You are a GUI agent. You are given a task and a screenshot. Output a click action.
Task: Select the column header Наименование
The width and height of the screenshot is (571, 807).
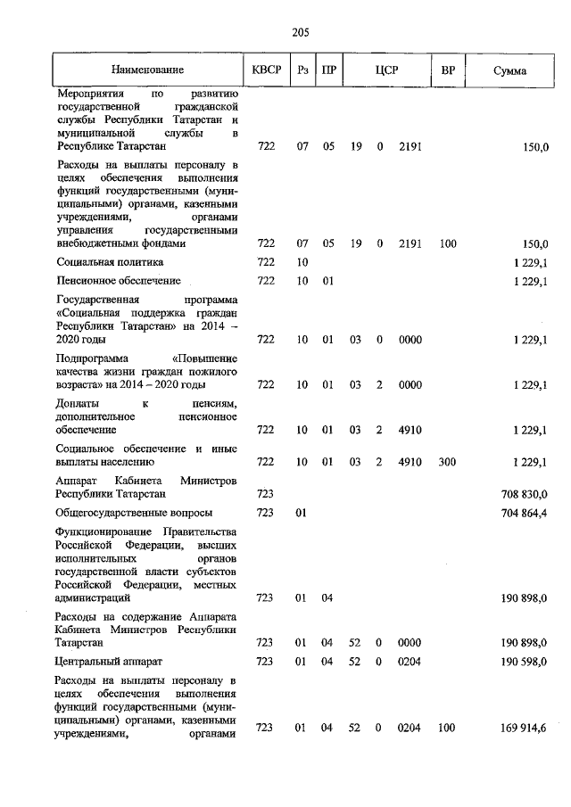pos(147,70)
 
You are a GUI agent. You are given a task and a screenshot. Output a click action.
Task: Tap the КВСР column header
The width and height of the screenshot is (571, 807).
pos(266,70)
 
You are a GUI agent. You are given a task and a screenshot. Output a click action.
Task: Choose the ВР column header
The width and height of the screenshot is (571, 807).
pos(447,70)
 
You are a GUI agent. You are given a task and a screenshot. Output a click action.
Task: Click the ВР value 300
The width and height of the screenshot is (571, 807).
pos(447,462)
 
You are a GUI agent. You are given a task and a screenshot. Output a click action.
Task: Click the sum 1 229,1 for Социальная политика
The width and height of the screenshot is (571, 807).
pos(530,262)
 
